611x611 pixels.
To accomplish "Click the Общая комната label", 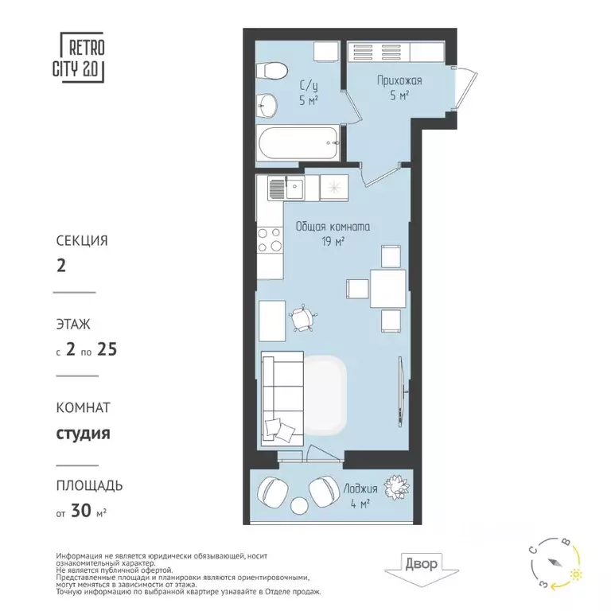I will point(333,227).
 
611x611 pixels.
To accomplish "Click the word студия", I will point(83,434).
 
